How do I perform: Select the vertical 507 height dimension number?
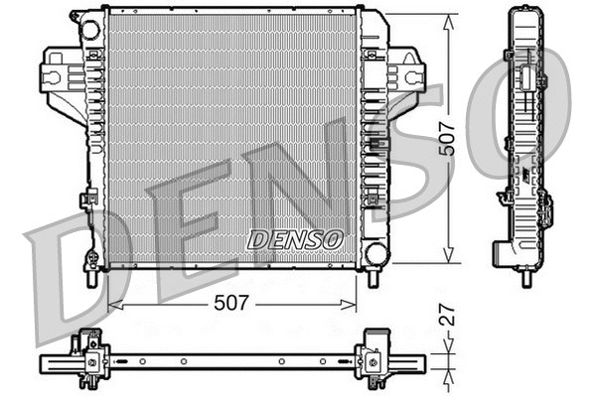point(449,139)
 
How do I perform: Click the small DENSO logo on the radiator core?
point(295,240)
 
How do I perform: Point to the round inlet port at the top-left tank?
point(90,30)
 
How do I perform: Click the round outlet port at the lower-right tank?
point(375,253)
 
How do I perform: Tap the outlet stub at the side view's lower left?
point(500,255)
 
